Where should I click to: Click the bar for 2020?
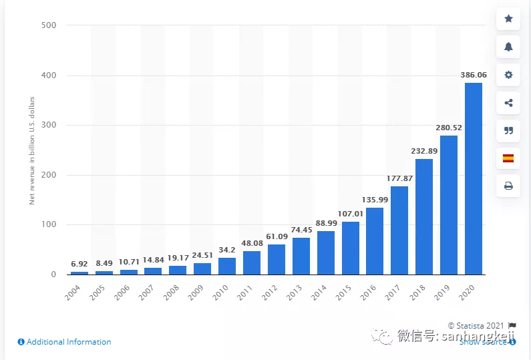tap(474, 178)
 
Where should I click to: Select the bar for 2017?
tap(399, 230)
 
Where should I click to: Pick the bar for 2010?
tap(227, 266)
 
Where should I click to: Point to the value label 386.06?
tap(474, 75)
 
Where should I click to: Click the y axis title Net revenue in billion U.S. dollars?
tap(31, 150)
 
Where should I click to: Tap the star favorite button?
tap(508, 19)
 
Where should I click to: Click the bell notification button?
tap(508, 47)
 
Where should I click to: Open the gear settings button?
tap(508, 75)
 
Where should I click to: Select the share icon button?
tap(508, 103)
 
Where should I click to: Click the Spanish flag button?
tap(508, 158)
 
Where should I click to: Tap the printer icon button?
tap(508, 186)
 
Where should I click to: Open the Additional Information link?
tap(65, 342)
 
